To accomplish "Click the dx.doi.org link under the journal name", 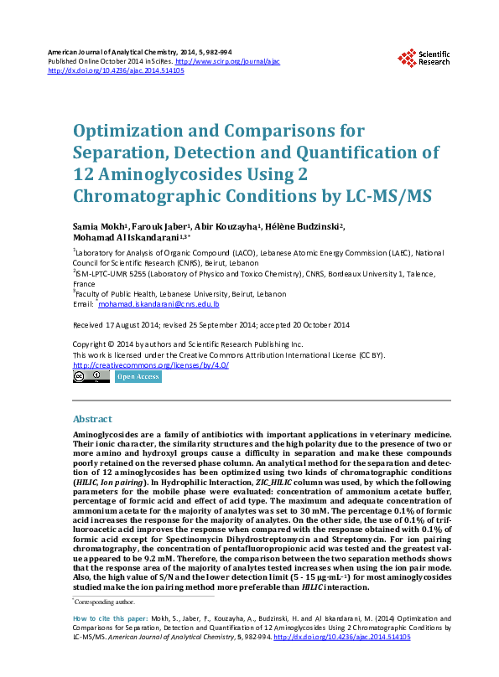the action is [x=116, y=71].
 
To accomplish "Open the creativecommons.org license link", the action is [x=151, y=365].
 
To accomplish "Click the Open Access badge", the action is [x=138, y=377].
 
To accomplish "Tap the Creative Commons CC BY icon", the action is [x=91, y=377].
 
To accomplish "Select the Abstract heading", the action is [x=92, y=419].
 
